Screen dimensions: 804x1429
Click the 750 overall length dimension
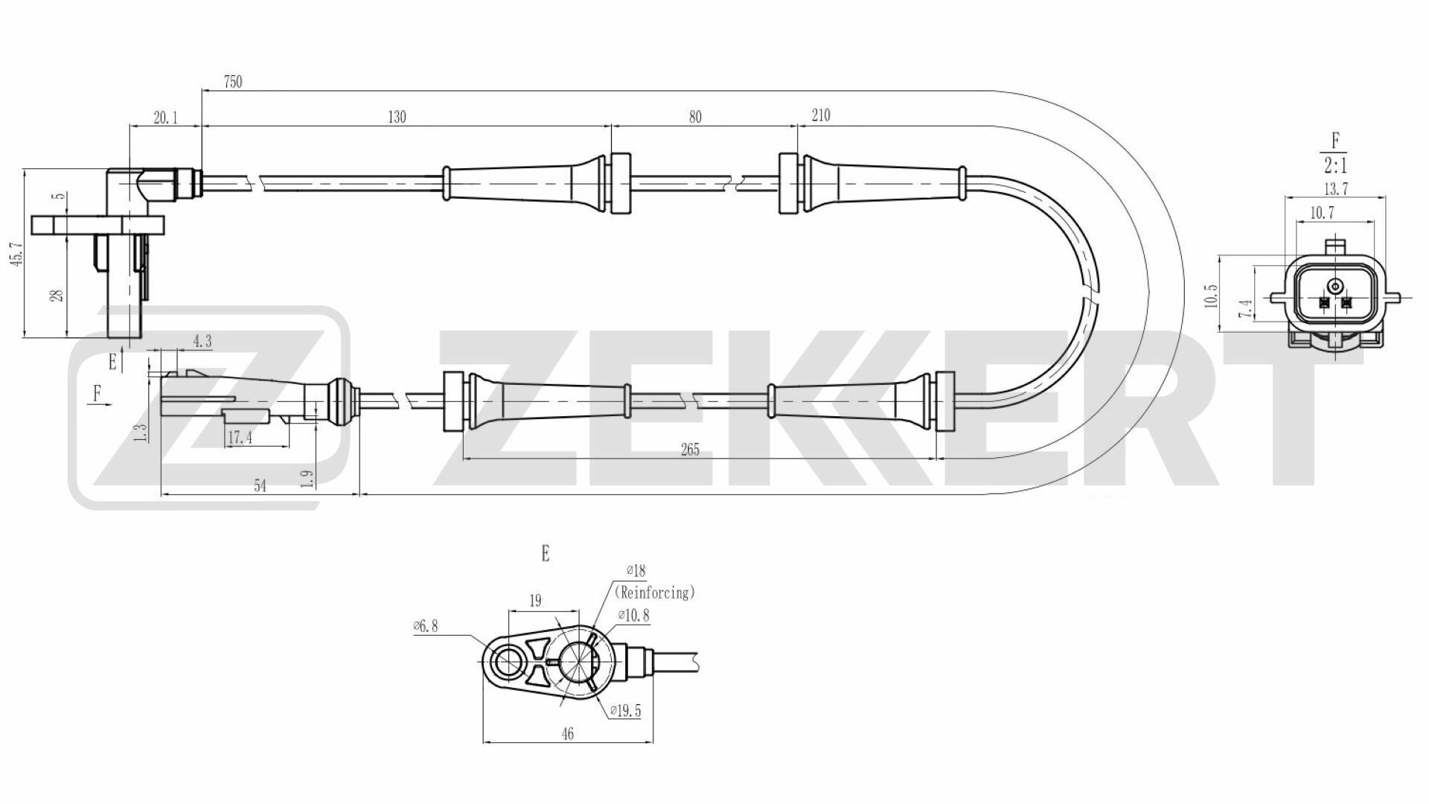point(233,83)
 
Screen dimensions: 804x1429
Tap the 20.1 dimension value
point(165,118)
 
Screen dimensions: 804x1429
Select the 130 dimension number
point(397,118)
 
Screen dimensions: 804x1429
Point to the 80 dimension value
point(695,118)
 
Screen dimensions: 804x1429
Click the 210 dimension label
point(820,115)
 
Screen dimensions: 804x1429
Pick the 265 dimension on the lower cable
point(690,450)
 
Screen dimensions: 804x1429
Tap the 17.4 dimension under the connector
point(240,438)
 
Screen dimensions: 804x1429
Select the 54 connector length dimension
point(260,486)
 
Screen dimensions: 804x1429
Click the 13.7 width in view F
point(1336,189)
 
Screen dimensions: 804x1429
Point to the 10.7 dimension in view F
point(1321,213)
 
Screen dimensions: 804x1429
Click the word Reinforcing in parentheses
point(654,593)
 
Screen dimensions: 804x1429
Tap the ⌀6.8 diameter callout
point(426,627)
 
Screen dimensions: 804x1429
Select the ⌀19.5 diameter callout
point(624,711)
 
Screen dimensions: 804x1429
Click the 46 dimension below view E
point(568,734)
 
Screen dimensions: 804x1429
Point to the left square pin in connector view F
point(1324,303)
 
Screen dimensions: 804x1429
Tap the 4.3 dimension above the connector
point(202,342)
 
